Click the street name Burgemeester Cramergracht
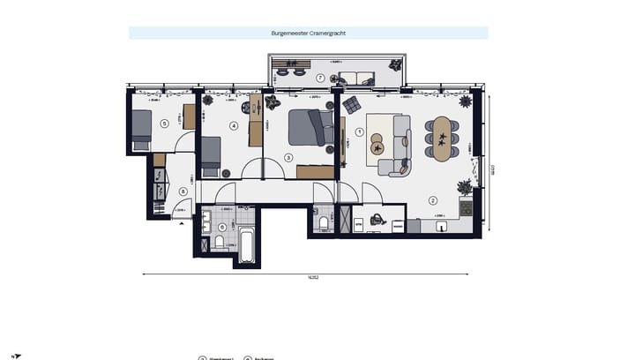coord(308,33)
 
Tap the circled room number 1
coord(358,133)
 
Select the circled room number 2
coord(433,200)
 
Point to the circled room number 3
coord(288,158)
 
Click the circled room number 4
coord(234,126)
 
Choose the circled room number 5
coord(164,124)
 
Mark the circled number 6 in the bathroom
coord(220,226)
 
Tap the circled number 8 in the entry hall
coord(183,191)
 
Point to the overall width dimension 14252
coord(312,276)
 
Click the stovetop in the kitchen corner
coord(466,208)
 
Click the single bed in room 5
coord(142,131)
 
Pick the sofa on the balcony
coord(357,78)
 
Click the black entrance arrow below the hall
coord(182,225)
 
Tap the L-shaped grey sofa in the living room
coord(399,143)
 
